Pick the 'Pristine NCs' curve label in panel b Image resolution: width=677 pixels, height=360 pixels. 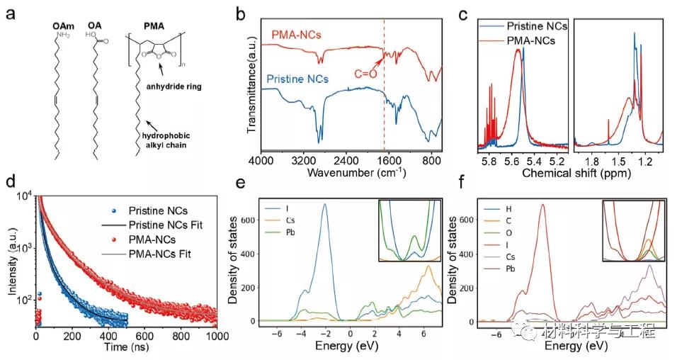pyautogui.click(x=298, y=78)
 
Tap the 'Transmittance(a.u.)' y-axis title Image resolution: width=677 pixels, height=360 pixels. pyautogui.click(x=253, y=78)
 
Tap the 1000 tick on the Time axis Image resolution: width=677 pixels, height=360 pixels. pyautogui.click(x=217, y=336)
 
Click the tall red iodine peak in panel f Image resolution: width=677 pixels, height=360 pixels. pyautogui.click(x=542, y=207)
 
